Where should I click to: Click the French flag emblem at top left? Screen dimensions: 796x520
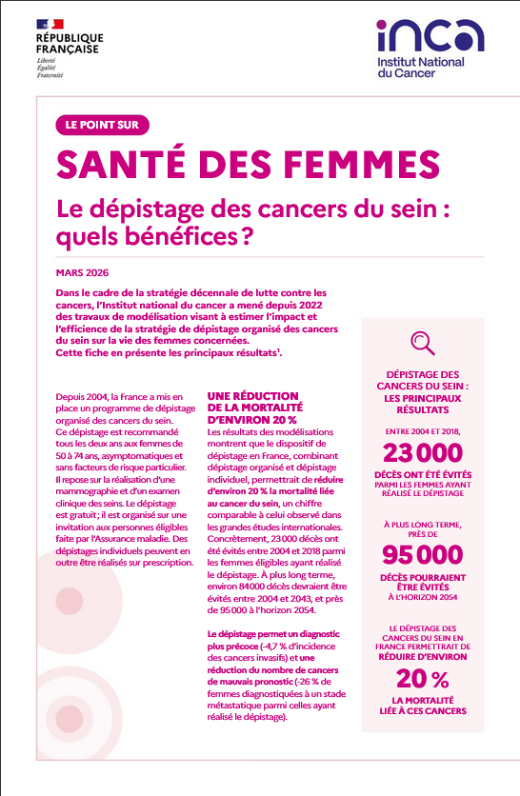50,23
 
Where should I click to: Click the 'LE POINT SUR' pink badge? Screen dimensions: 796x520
103,125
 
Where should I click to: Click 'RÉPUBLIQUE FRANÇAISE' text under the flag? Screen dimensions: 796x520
70,44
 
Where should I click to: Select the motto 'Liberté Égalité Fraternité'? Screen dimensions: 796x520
50,68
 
